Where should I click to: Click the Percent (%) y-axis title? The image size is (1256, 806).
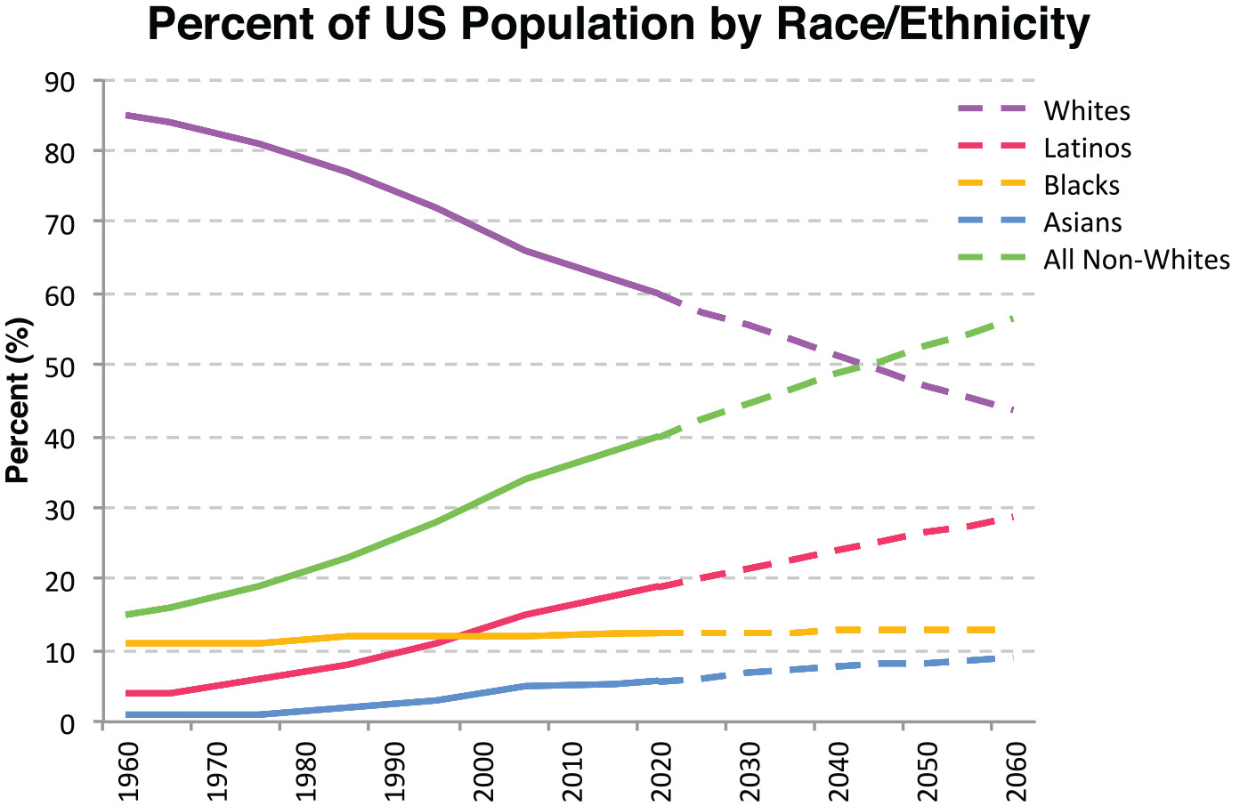(x=18, y=400)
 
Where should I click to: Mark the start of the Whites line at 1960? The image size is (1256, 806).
(x=128, y=116)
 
